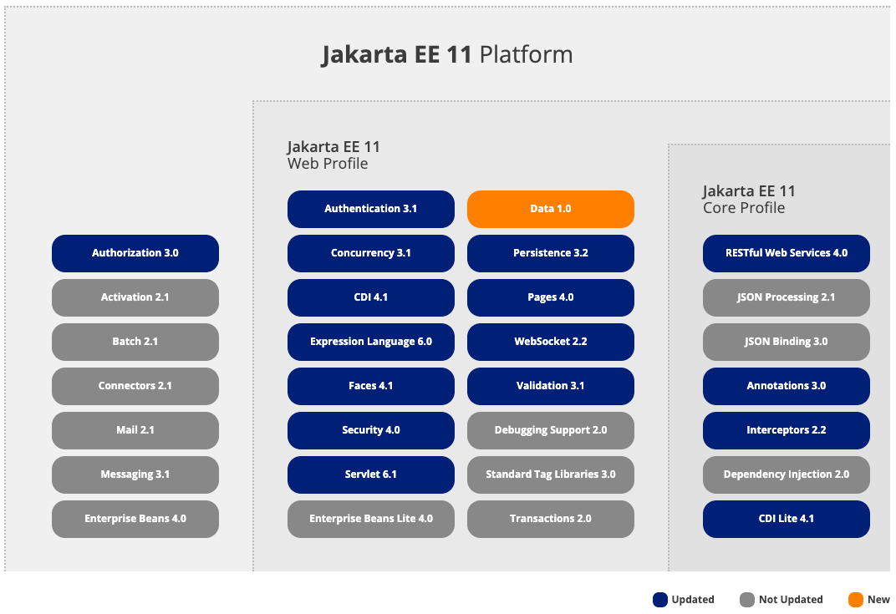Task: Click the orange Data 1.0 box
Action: click(550, 209)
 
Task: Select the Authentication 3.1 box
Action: click(370, 209)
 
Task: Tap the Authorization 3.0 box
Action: click(135, 253)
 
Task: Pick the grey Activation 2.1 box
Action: click(135, 297)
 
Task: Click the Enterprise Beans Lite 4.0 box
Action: click(370, 519)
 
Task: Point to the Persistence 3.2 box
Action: click(550, 253)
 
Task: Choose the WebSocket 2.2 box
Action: click(550, 342)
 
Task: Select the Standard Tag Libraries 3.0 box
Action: click(550, 474)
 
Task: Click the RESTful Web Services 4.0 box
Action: click(786, 253)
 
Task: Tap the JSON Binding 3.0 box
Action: click(786, 342)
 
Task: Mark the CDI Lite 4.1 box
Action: click(786, 519)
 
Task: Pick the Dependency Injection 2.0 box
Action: click(786, 474)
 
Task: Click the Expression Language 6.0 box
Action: click(370, 342)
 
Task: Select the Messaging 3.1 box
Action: click(135, 474)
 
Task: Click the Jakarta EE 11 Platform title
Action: click(447, 55)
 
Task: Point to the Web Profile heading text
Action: click(328, 164)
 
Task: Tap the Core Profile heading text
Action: click(744, 208)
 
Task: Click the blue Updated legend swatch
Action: click(660, 600)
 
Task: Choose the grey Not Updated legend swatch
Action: click(747, 600)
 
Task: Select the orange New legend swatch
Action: click(855, 600)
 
